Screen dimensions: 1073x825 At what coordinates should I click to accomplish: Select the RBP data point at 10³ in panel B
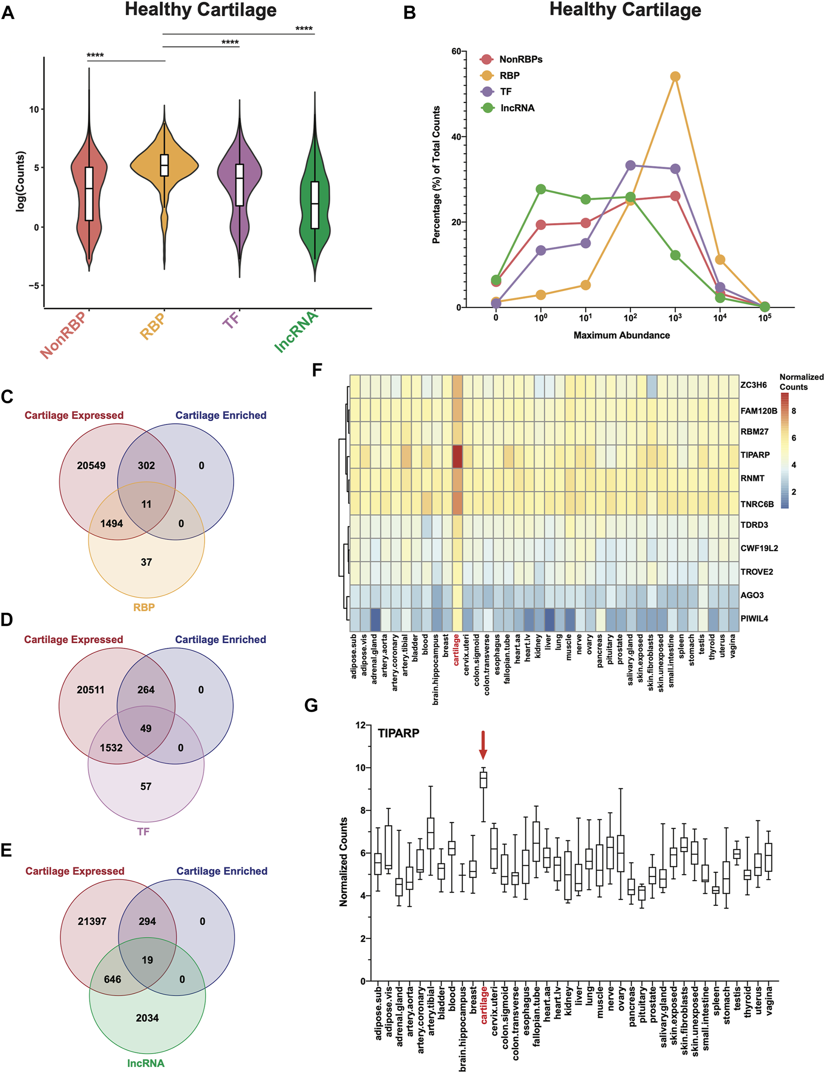point(675,76)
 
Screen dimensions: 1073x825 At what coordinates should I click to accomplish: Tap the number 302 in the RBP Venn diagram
point(146,466)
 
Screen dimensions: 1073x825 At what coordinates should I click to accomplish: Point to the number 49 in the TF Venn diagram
point(146,728)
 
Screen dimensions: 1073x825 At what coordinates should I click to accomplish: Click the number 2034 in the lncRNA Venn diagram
point(147,1018)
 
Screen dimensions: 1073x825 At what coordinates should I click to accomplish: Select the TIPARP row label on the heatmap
point(755,455)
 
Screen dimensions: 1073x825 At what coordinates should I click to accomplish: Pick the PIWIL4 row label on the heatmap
point(754,619)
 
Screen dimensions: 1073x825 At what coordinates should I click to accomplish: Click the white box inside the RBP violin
point(164,165)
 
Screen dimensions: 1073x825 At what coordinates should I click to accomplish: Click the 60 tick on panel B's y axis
point(456,52)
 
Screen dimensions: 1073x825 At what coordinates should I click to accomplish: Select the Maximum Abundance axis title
point(621,335)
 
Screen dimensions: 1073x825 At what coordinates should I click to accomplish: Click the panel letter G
point(311,706)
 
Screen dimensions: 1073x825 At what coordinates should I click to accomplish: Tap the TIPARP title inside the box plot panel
point(398,733)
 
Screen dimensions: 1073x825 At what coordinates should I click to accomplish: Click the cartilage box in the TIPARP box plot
point(483,779)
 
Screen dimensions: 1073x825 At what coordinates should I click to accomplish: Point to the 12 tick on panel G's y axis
point(360,725)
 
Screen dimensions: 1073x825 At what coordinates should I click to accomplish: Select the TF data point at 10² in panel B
point(630,165)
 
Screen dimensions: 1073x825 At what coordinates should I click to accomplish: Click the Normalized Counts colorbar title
point(801,381)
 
